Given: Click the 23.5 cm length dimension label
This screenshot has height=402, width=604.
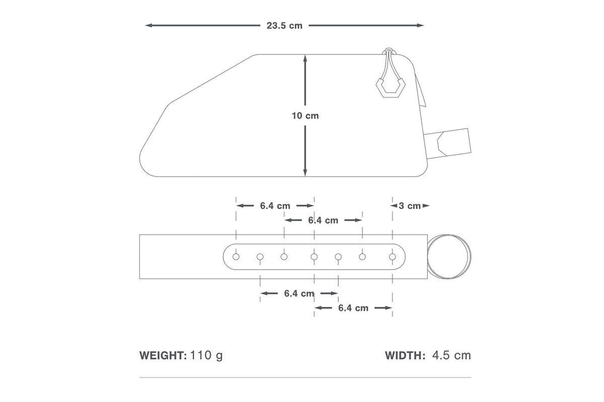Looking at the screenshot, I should click(285, 26).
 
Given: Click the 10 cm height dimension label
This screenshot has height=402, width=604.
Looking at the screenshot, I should click(305, 116).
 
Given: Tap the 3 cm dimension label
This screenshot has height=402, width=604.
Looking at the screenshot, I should click(410, 206).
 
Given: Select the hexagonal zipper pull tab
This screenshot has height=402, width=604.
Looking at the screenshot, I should click(388, 90).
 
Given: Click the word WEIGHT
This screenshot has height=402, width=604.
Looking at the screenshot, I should click(163, 356).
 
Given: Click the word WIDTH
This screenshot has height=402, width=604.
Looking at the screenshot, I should click(406, 356).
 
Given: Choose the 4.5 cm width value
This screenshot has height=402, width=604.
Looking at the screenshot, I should click(451, 356).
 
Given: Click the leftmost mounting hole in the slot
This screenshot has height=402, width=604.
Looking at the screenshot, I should click(236, 257).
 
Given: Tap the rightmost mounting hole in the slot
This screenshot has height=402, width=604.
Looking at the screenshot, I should click(393, 257).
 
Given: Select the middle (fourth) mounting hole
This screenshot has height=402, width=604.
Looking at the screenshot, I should click(314, 257).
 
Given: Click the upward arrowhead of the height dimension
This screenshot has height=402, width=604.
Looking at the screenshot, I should click(305, 58).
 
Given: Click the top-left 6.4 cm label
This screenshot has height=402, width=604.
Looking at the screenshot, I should click(275, 206).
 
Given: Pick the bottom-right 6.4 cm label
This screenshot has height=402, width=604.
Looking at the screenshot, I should click(353, 308).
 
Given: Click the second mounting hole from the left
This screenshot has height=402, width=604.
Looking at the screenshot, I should click(260, 257).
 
